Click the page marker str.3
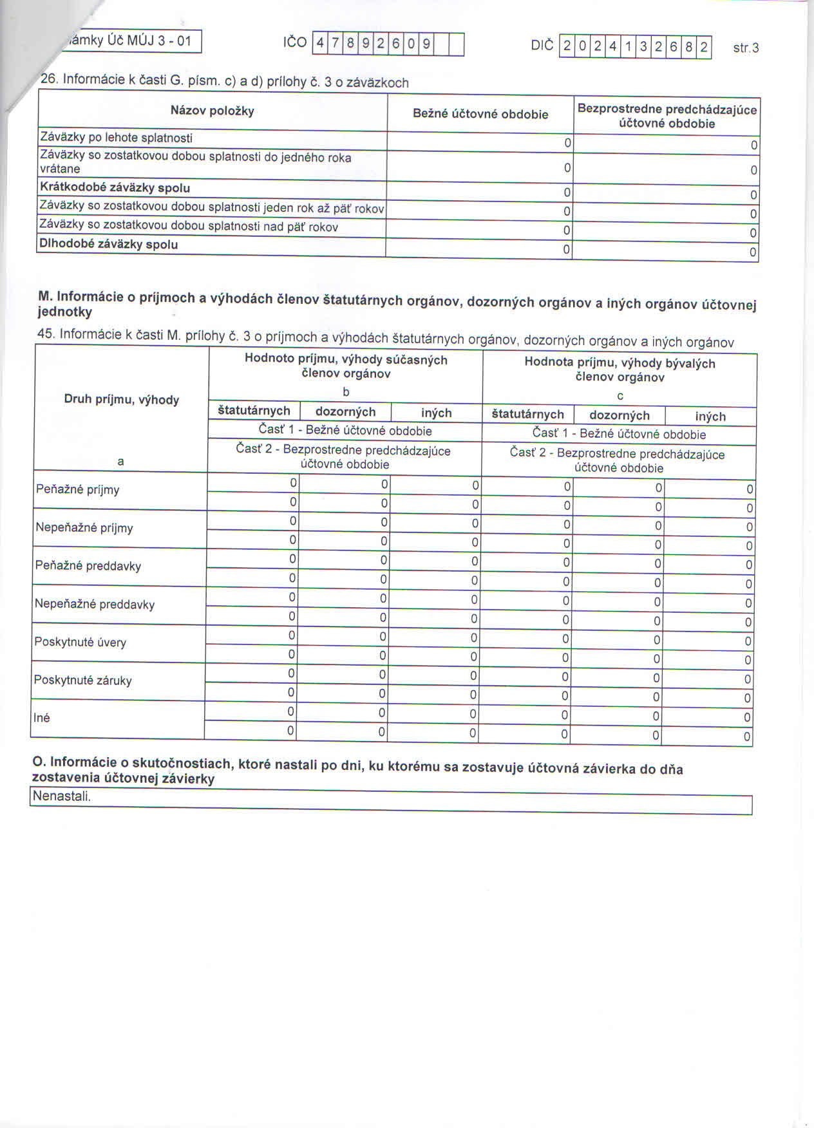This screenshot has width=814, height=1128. pos(746,48)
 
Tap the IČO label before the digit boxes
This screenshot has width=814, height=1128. pos(295,43)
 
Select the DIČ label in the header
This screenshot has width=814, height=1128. pos(542,46)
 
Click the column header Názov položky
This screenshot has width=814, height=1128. pos(213,111)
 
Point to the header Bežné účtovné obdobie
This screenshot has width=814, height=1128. pos(480,114)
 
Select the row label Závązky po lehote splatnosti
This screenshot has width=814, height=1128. pos(117,137)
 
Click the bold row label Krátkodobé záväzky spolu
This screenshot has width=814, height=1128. pos(115,188)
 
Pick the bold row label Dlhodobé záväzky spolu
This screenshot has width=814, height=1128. pos(109,245)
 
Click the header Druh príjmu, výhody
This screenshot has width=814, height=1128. pos(122,399)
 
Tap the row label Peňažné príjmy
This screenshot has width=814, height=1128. pos(78,490)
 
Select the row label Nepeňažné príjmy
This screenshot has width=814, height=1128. pos(84,528)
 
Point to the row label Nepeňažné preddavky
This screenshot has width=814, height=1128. pos(95,604)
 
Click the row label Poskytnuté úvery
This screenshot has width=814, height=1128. pos(80,642)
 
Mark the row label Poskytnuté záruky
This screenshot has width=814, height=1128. pos(83,680)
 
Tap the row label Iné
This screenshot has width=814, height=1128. pos(42,718)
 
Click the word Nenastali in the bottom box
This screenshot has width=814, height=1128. pos(62,796)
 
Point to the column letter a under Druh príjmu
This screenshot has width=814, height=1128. pos(120,462)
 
